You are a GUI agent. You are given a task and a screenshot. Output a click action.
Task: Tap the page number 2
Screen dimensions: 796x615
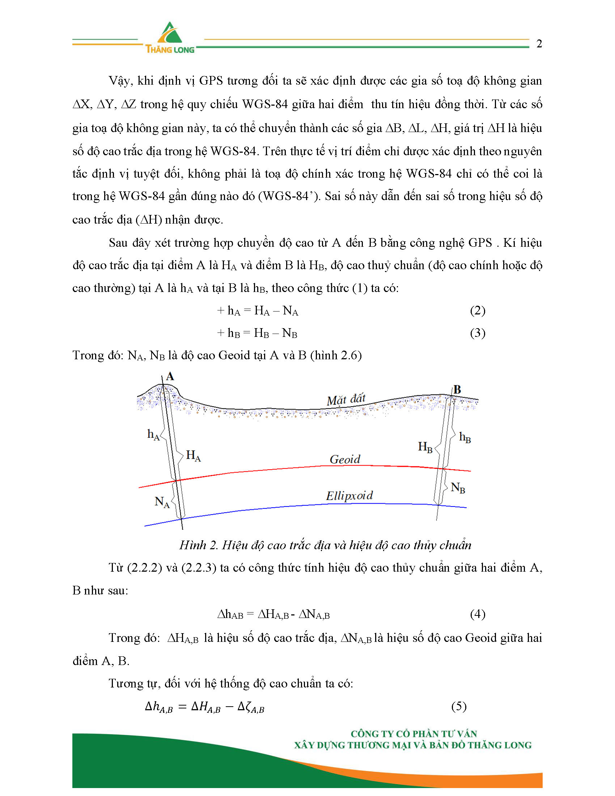(539, 44)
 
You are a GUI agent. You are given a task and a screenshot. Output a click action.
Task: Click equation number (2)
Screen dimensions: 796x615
(478, 310)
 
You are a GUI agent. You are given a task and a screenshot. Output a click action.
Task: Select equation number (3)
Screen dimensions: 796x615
(478, 333)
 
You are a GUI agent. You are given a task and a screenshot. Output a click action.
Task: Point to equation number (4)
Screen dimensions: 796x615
(478, 614)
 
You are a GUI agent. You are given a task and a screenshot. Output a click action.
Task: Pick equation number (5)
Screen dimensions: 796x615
(459, 706)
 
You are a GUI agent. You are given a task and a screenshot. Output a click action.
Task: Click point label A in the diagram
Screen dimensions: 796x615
(170, 377)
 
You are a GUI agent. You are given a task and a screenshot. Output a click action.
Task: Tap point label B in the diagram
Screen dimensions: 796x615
(457, 390)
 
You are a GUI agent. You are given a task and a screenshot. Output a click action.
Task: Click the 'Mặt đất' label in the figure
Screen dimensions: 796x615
(346, 400)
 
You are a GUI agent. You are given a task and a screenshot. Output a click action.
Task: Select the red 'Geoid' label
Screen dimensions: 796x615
(345, 459)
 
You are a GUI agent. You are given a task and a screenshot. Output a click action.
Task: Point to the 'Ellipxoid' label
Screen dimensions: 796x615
(349, 496)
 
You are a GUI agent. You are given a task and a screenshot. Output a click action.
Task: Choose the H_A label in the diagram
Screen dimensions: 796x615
(193, 456)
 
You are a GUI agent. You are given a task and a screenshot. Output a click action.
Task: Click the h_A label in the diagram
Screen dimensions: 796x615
(153, 435)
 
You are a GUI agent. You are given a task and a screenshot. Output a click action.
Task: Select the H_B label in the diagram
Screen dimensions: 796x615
(425, 447)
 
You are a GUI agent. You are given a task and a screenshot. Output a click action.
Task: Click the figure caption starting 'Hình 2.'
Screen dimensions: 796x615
(325, 545)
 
